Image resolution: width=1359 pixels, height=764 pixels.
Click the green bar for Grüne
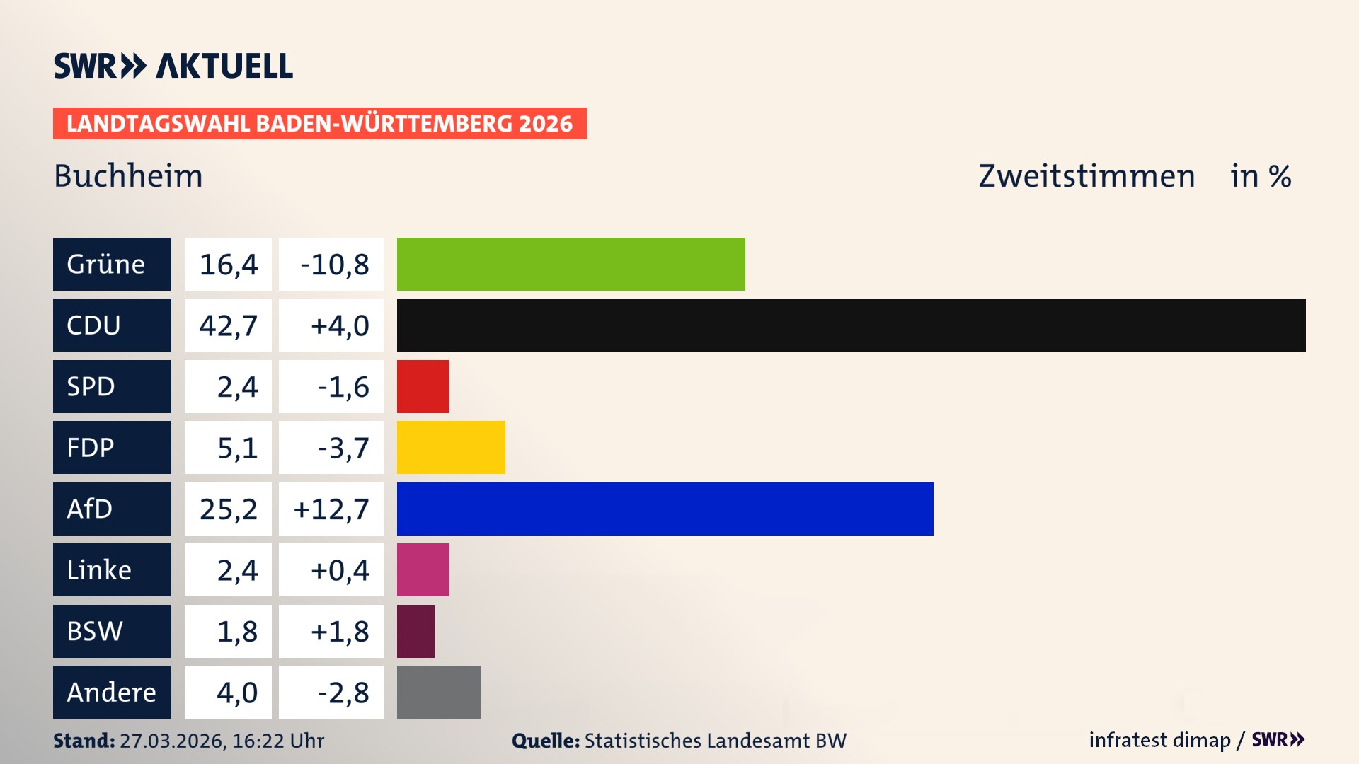tap(570, 264)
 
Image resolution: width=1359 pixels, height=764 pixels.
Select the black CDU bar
tap(851, 325)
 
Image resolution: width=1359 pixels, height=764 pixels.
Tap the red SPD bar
tap(423, 386)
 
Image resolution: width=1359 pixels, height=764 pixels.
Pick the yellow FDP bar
tap(451, 447)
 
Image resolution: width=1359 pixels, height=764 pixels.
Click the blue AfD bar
tap(665, 509)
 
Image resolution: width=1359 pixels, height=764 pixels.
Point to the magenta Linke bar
tap(423, 569)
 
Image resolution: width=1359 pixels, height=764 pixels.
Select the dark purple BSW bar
tap(415, 631)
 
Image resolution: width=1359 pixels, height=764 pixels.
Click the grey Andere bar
tap(439, 692)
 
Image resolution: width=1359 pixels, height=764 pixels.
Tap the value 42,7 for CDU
tap(228, 325)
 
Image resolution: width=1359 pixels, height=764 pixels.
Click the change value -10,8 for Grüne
tap(334, 265)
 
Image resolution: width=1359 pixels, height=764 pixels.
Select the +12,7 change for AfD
tap(331, 509)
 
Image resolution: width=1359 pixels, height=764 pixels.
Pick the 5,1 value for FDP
tap(237, 448)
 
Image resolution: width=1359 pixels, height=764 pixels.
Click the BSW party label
tap(95, 631)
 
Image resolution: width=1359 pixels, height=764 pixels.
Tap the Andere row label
tap(111, 692)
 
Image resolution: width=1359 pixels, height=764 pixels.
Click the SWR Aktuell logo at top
tap(173, 66)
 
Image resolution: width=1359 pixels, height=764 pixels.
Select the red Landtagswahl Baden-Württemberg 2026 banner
tap(319, 124)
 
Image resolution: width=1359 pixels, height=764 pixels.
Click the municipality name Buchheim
tap(128, 176)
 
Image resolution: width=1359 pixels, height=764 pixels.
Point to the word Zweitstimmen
tap(1086, 176)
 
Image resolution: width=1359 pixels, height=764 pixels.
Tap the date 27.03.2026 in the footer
tap(172, 741)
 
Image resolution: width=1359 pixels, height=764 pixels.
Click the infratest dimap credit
tap(1159, 740)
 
